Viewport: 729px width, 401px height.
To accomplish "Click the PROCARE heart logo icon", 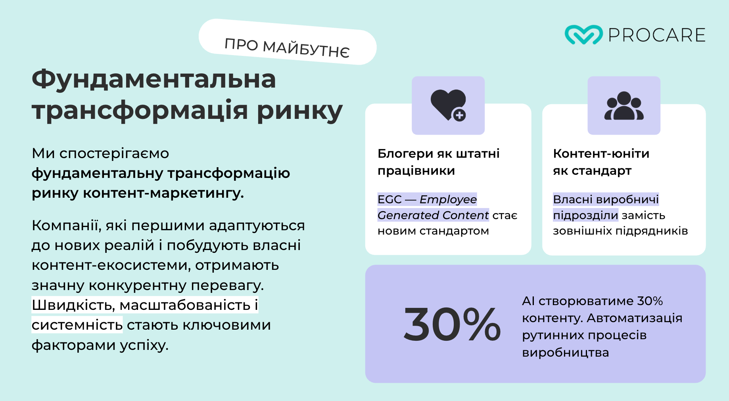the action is click(583, 35).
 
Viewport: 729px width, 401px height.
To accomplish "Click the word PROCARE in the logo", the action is click(657, 35).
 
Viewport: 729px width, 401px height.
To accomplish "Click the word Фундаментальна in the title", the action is click(154, 79).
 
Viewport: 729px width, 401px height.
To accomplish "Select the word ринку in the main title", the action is click(300, 111).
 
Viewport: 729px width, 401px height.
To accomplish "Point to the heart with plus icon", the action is click(448, 105).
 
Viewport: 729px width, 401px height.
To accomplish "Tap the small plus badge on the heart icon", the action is click(459, 115).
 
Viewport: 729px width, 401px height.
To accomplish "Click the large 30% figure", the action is click(452, 324).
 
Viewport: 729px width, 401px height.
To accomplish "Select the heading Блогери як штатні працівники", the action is click(439, 162).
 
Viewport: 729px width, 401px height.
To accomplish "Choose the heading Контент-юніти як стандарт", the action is click(601, 162).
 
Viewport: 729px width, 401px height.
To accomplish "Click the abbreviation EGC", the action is click(389, 199).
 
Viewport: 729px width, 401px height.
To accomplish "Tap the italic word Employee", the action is click(448, 200).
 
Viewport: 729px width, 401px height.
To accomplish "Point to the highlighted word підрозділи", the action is click(585, 216).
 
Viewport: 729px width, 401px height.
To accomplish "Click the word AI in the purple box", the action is click(528, 301).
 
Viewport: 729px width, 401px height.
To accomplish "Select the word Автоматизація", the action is click(635, 318).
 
